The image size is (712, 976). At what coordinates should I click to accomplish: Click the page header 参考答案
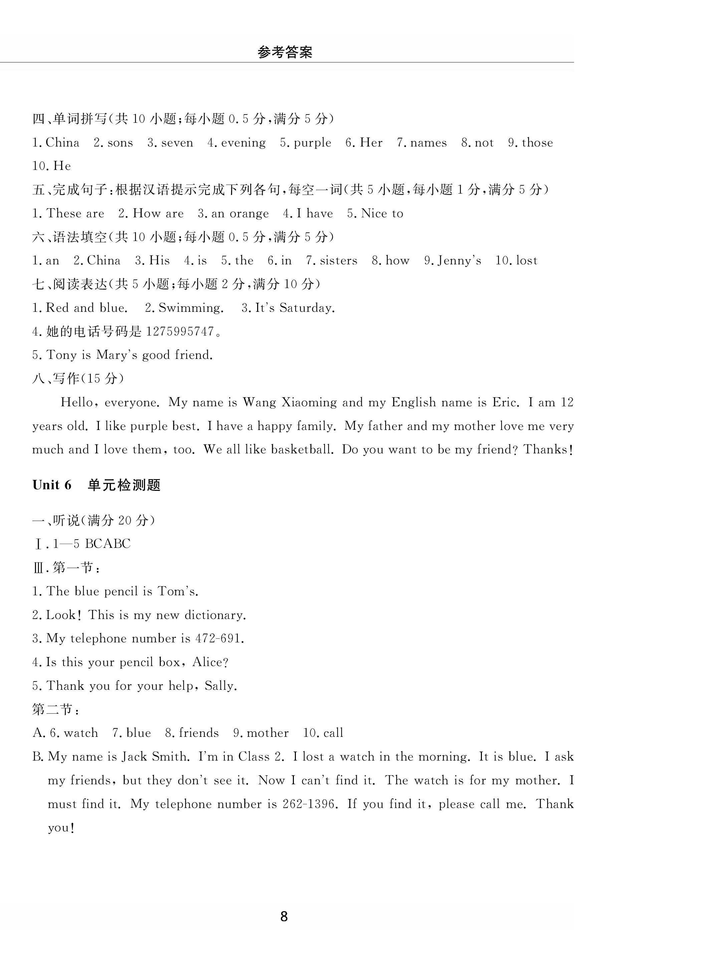[x=285, y=52]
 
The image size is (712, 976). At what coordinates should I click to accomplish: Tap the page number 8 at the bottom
[x=284, y=917]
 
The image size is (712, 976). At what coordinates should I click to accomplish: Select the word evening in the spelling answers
[x=243, y=143]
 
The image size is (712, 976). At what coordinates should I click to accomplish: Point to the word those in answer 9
[x=537, y=143]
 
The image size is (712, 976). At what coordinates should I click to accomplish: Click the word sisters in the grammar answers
[x=338, y=261]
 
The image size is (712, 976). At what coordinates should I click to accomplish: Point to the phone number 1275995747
[x=180, y=331]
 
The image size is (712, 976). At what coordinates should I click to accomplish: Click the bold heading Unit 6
[x=52, y=485]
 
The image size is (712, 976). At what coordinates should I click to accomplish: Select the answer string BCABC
[x=108, y=544]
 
